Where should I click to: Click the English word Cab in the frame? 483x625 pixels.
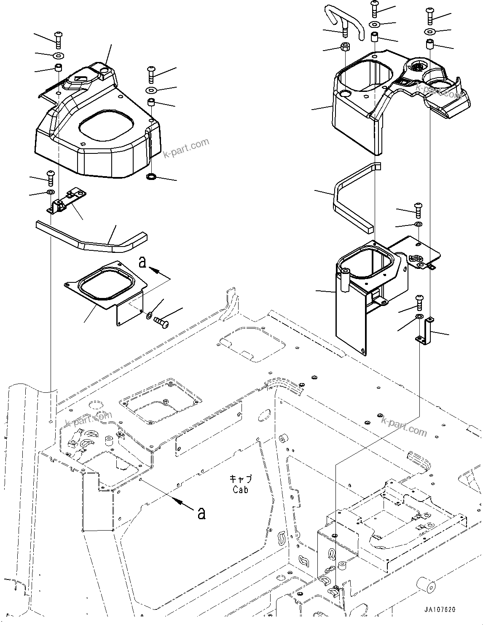[240, 489]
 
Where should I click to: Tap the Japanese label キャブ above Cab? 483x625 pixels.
[241, 479]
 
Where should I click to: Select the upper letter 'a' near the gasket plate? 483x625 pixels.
[143, 263]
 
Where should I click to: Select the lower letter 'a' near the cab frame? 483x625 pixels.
[202, 513]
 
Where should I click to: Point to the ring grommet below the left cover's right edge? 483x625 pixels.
[151, 176]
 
